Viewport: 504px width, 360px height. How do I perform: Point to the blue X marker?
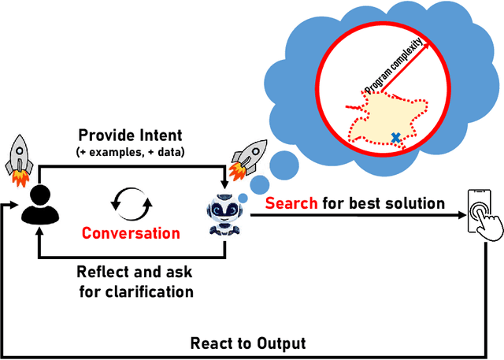coord(395,137)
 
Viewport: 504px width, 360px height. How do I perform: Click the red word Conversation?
coord(131,233)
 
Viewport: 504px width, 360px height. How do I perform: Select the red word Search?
coord(291,204)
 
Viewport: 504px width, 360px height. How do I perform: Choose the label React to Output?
coord(247,343)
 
